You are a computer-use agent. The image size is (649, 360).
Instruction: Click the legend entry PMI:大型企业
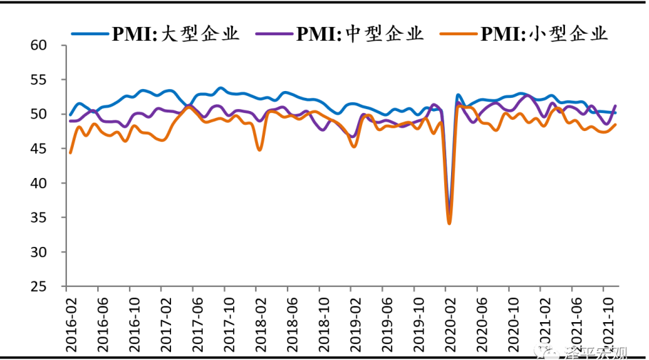(x=175, y=33)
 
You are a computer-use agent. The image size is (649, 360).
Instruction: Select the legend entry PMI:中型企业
(x=359, y=33)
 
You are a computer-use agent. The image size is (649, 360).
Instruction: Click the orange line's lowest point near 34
(x=449, y=223)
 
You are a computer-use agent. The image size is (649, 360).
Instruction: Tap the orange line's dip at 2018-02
(x=259, y=150)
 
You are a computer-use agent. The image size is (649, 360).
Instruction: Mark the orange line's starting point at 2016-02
(x=70, y=152)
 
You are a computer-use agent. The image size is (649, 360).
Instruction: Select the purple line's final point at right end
(x=615, y=106)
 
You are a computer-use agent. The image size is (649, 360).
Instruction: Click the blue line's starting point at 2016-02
(x=70, y=115)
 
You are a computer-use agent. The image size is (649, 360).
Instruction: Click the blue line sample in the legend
(x=89, y=33)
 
